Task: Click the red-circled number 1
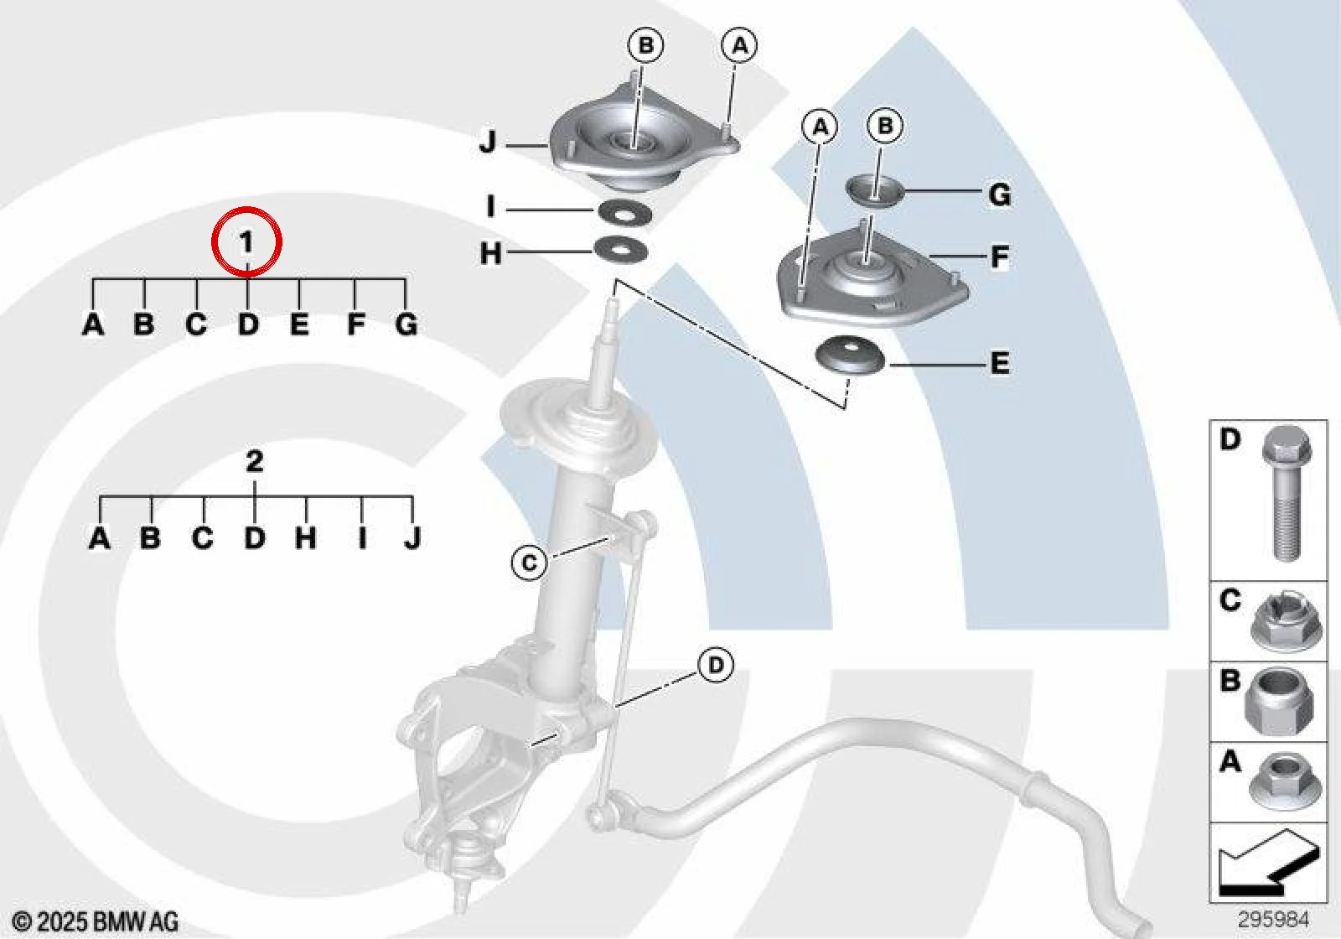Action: click(x=246, y=242)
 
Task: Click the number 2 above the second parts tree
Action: click(x=255, y=462)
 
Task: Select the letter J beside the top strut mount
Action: click(x=489, y=143)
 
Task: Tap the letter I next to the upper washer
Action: click(x=491, y=207)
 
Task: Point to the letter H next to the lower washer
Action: click(x=491, y=253)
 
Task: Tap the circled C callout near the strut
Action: click(x=529, y=563)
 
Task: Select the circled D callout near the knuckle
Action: click(x=716, y=665)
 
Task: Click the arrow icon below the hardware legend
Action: click(x=1269, y=863)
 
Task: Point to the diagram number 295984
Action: click(x=1273, y=919)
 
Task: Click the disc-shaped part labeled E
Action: click(x=852, y=355)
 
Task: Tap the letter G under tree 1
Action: click(x=406, y=324)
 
